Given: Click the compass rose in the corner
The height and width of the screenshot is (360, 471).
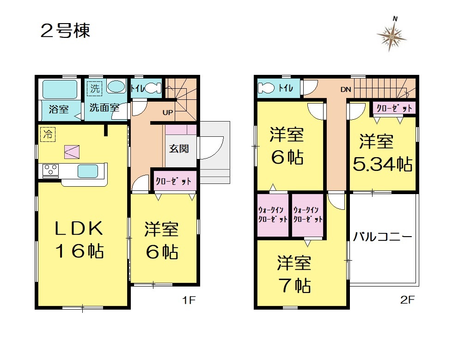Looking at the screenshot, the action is point(391,36).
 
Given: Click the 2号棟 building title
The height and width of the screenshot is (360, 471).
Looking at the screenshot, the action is point(65,31).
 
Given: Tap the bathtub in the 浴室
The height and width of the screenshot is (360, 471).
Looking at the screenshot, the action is point(60,89).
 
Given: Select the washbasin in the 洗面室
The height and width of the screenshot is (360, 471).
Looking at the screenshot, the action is point(116,86).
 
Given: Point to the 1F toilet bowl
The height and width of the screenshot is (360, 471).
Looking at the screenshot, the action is point(153,88).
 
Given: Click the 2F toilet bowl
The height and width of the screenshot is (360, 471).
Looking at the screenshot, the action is point(266,88).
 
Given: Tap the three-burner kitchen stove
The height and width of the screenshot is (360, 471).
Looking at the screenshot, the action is point(50,170).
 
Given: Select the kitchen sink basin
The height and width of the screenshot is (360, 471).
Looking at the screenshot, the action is point(88,171).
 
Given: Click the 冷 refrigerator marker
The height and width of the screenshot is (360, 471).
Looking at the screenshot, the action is point(48,134).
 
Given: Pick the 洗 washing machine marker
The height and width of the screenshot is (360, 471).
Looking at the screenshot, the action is point(95,89).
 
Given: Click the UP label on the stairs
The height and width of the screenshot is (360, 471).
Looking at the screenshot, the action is point(168,112).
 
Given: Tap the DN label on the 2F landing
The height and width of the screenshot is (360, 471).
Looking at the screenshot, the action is point(346,89).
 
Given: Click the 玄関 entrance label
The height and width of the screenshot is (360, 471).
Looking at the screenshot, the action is point(179,148).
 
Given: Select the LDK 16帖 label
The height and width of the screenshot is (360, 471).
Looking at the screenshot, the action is point(80,239).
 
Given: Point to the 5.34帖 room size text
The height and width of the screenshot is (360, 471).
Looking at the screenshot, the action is point(382,164).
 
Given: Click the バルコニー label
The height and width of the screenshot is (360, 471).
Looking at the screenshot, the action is point(382,237).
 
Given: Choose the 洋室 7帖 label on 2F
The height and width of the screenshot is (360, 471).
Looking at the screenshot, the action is point(294,274).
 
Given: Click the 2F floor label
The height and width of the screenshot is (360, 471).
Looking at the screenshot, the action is point(407,299).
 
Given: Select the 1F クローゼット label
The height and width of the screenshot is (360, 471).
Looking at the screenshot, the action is point(173,181).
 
